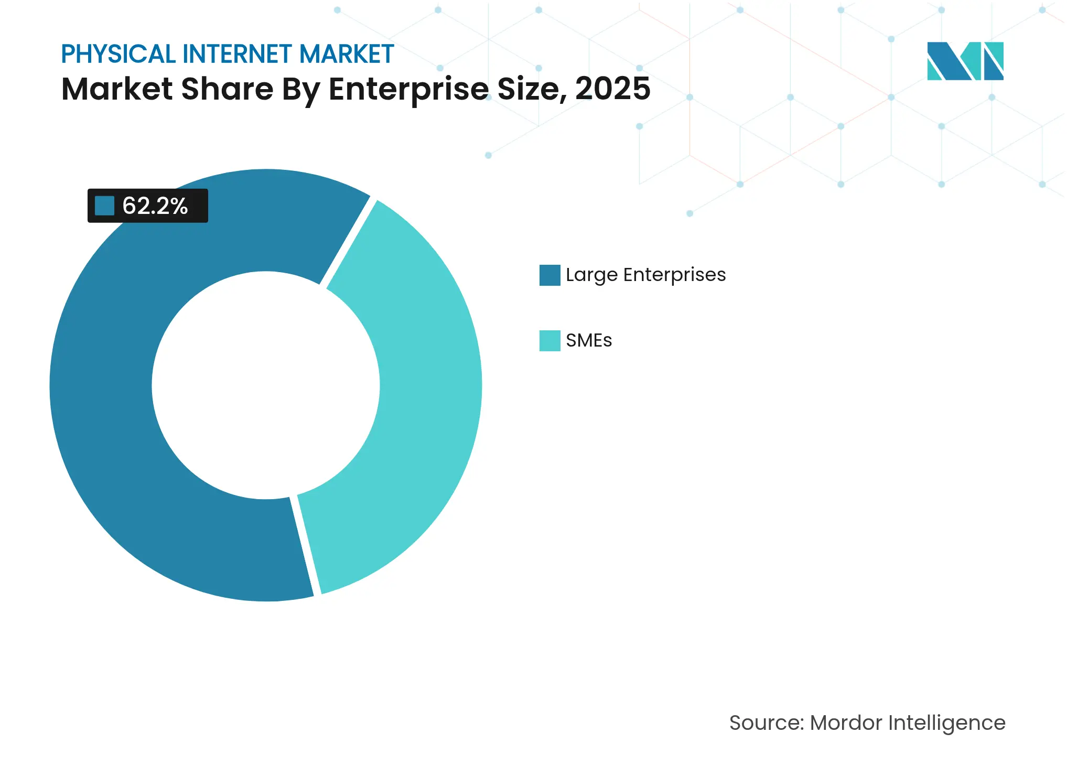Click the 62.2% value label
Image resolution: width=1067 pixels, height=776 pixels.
coord(155,206)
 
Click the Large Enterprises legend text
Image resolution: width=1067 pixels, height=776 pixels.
coord(645,275)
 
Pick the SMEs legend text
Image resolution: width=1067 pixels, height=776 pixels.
coord(589,341)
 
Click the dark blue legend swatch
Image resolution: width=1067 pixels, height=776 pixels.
coord(549,275)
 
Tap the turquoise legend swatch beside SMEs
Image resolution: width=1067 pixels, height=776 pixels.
coord(549,341)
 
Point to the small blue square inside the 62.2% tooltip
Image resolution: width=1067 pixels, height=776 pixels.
coord(104,206)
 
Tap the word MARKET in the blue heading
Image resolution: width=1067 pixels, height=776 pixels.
coord(347,54)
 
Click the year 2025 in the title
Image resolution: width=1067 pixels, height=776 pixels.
coord(612,89)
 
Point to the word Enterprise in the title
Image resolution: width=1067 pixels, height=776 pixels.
coord(409,89)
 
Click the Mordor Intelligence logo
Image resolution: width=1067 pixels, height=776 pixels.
coord(965,61)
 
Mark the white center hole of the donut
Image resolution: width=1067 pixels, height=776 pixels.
coord(266,385)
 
